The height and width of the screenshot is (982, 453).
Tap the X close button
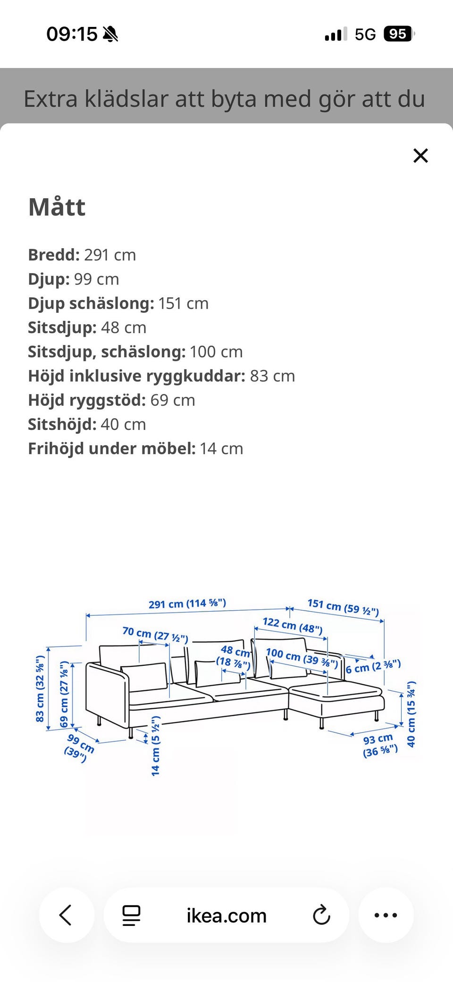pyautogui.click(x=420, y=155)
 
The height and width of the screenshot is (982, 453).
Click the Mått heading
pyautogui.click(x=57, y=207)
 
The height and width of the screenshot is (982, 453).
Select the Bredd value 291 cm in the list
pyautogui.click(x=110, y=255)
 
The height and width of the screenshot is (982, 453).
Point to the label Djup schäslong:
pyautogui.click(x=91, y=303)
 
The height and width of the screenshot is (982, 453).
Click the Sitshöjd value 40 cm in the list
pyautogui.click(x=123, y=424)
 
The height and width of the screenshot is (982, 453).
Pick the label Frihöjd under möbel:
pyautogui.click(x=112, y=448)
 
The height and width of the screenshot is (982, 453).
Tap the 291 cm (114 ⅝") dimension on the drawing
pyautogui.click(x=187, y=604)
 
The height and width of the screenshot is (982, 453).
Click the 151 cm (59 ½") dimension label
pyautogui.click(x=343, y=607)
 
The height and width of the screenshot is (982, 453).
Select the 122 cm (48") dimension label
pyautogui.click(x=293, y=625)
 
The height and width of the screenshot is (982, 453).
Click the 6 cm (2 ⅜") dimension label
pyautogui.click(x=373, y=666)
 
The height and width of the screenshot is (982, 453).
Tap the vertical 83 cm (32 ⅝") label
pyautogui.click(x=40, y=688)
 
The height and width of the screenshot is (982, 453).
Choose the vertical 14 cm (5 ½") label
pyautogui.click(x=156, y=746)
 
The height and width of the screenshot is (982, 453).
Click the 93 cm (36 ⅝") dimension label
pyautogui.click(x=380, y=745)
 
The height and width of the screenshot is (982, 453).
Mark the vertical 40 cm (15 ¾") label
pyautogui.click(x=411, y=714)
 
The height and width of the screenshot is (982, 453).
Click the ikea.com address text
pyautogui.click(x=226, y=915)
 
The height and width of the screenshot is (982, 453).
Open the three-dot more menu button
pyautogui.click(x=386, y=915)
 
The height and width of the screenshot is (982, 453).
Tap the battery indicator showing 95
pyautogui.click(x=398, y=34)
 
